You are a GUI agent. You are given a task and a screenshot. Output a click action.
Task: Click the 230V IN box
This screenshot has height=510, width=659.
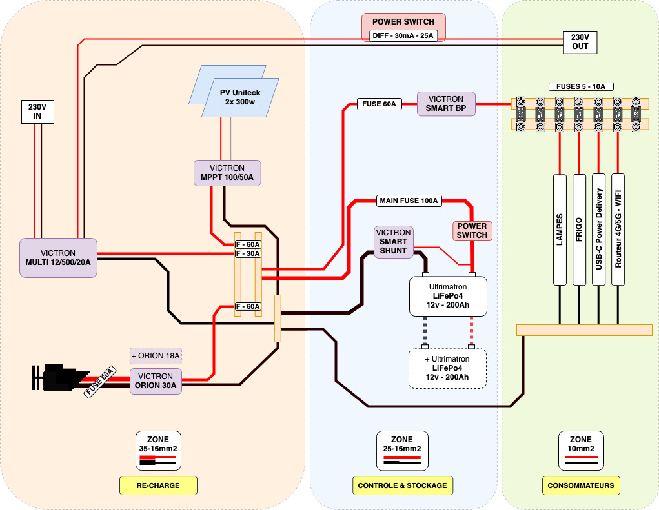tap(37, 112)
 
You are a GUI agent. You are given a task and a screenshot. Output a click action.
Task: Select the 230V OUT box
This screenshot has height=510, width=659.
tap(580, 42)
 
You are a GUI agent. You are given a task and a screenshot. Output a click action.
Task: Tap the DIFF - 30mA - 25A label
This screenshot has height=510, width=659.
tap(403, 36)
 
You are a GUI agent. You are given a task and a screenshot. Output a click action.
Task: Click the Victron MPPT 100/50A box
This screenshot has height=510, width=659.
tap(227, 173)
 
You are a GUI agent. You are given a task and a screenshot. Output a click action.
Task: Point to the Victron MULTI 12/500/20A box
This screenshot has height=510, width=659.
tap(58, 258)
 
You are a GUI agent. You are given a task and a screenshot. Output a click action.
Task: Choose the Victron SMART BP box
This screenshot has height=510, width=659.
tap(445, 104)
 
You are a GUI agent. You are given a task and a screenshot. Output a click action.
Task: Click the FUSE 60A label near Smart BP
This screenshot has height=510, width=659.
tap(380, 104)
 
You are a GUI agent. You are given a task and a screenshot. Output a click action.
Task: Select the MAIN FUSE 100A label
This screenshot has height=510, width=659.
tap(409, 201)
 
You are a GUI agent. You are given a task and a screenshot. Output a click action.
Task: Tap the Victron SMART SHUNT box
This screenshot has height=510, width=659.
tap(393, 242)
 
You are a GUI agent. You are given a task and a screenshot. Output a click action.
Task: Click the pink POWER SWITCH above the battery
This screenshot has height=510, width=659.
tap(472, 231)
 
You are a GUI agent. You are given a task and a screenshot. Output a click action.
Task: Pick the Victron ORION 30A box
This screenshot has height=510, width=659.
tap(155, 381)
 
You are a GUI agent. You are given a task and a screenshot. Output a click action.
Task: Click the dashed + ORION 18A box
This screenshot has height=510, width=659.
tap(156, 355)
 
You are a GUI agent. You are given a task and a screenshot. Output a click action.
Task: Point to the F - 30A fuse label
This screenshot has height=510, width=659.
tap(247, 253)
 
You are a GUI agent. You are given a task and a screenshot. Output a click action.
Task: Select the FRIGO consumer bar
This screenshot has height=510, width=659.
tap(579, 229)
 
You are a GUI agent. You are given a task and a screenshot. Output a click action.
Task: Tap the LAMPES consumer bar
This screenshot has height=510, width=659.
tap(560, 229)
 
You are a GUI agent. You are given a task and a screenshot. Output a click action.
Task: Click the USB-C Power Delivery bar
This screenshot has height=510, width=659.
tap(599, 229)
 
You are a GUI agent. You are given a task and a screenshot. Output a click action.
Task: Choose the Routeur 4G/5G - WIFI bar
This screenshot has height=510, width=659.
tap(618, 229)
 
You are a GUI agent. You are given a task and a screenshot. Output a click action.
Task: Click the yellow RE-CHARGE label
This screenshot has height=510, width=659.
tap(158, 485)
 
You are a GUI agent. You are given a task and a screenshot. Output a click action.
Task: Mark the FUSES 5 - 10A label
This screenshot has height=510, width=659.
tap(581, 86)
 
